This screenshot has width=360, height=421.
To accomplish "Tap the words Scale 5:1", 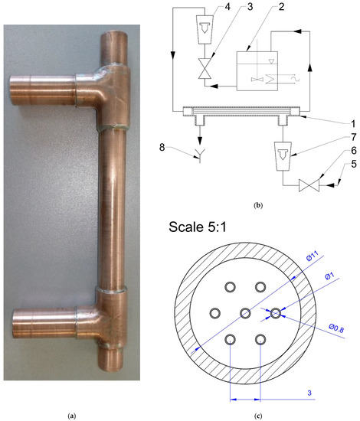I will pos(206,227).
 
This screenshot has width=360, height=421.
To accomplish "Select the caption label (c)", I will pos(259,416).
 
